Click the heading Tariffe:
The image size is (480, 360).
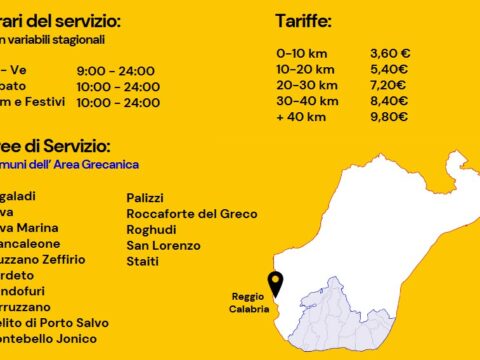point(304,20)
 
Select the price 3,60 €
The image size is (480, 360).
point(391,54)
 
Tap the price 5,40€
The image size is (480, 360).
point(389,70)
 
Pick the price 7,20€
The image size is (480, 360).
point(389,85)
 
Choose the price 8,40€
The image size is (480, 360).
point(389,101)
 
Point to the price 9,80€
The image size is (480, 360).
point(389,117)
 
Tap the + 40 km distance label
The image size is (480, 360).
point(301,117)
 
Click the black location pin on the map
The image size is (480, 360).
point(275,283)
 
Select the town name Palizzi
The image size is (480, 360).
point(145,198)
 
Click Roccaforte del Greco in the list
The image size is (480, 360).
point(191,214)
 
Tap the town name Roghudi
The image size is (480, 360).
point(151,229)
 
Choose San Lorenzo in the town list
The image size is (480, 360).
point(163,245)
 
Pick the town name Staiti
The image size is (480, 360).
point(142,260)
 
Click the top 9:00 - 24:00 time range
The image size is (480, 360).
point(115,71)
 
